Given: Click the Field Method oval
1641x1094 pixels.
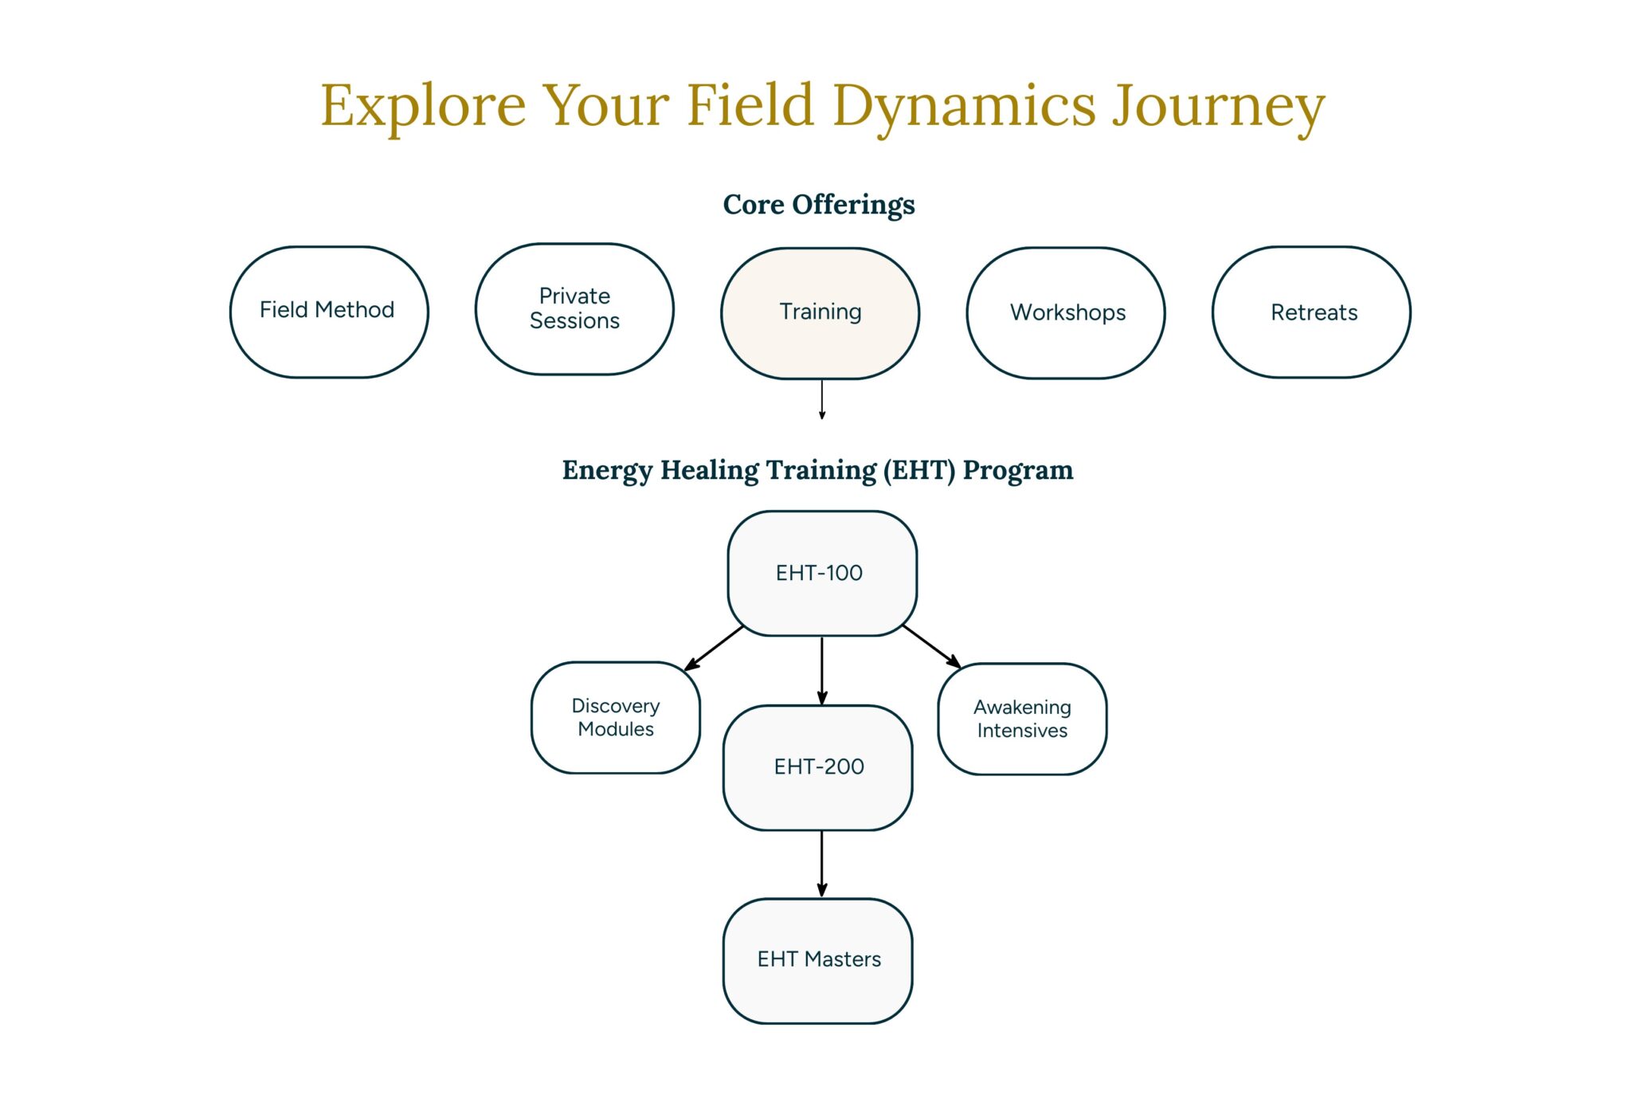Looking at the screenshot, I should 328,312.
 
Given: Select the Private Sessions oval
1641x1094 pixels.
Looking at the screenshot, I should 574,309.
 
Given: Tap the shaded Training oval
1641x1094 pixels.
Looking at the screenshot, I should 820,313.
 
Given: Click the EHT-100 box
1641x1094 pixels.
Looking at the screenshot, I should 821,574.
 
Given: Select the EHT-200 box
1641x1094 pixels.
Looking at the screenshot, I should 817,767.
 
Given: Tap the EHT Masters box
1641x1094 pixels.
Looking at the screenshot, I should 817,960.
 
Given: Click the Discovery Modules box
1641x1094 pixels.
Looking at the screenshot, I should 615,717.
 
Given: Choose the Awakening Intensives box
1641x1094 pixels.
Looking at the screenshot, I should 1022,719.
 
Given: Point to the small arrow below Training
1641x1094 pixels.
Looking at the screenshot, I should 822,399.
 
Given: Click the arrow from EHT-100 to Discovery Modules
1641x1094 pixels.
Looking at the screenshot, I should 715,648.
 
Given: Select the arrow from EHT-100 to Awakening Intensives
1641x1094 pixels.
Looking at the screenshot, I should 930,646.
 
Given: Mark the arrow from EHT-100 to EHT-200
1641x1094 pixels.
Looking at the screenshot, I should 822,670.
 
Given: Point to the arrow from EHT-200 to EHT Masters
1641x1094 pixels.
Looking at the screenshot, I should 822,864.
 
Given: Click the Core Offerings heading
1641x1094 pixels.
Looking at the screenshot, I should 819,205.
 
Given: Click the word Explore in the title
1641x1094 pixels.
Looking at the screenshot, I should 423,106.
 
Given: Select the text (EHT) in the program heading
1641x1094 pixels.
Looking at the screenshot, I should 918,470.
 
